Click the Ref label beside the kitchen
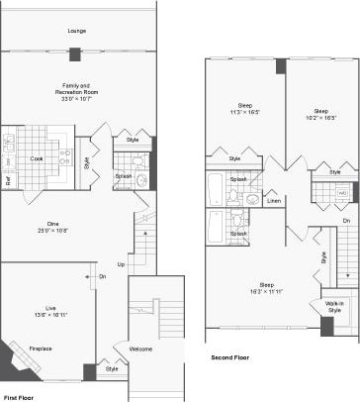click(x=8, y=180)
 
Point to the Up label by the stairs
click(x=121, y=264)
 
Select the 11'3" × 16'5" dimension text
click(x=244, y=114)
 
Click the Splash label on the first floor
click(x=124, y=176)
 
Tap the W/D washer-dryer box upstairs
click(x=343, y=192)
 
